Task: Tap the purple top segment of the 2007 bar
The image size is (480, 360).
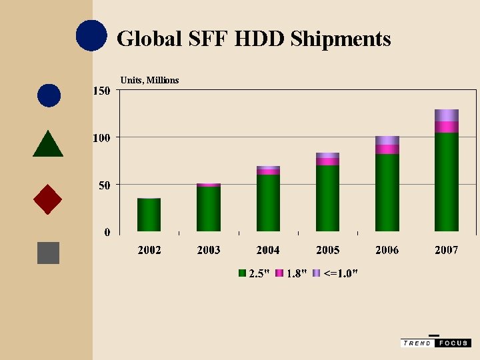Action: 446,115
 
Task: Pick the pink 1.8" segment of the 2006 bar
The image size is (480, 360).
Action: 387,149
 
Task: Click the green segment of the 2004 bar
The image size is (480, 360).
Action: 268,203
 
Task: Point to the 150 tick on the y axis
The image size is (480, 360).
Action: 101,91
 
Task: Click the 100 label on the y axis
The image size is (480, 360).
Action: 101,137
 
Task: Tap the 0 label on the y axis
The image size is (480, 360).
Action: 107,232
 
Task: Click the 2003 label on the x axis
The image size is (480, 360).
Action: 209,250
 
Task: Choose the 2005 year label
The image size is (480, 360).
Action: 327,250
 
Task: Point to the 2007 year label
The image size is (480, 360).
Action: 446,250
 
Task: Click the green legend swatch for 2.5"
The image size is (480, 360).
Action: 243,273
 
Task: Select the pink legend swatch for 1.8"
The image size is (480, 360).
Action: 280,273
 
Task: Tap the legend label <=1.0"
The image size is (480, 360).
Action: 340,273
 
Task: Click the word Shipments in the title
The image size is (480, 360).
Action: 341,39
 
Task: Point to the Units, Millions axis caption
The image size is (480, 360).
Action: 149,80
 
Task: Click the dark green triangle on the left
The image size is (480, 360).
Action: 48,145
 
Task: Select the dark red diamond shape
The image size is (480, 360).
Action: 47,199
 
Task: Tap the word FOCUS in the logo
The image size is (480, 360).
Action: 453,343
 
